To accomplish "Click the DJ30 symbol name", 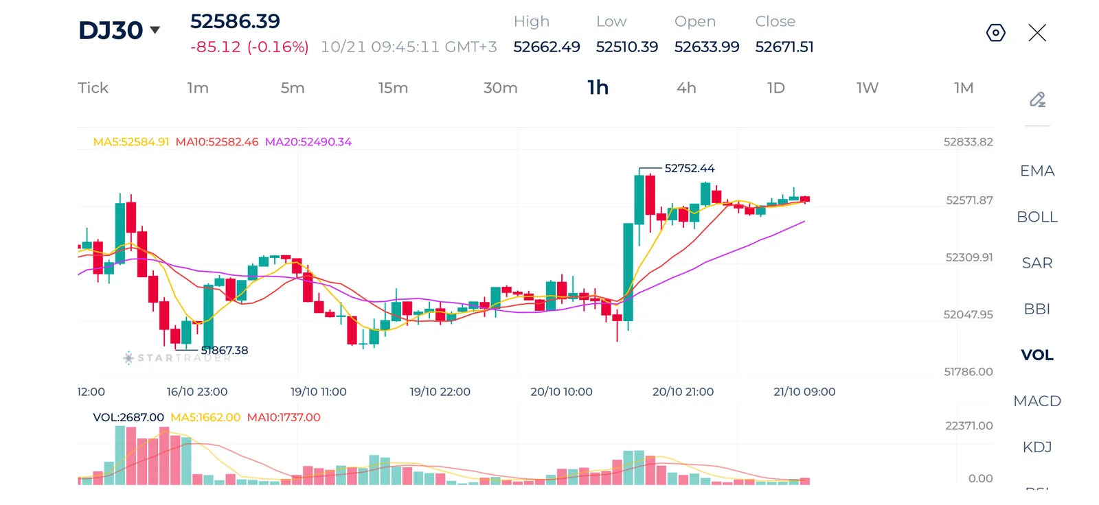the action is pyautogui.click(x=111, y=30).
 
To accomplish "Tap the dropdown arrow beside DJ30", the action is pyautogui.click(x=155, y=30).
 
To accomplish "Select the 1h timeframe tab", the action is pyautogui.click(x=598, y=88).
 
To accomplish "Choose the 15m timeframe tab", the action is pyautogui.click(x=393, y=88).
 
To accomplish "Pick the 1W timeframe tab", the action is pyautogui.click(x=868, y=88).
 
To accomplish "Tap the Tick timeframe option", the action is pyautogui.click(x=93, y=88).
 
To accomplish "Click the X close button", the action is pyautogui.click(x=1037, y=33).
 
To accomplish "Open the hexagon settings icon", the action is pyautogui.click(x=995, y=33).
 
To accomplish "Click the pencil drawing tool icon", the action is pyautogui.click(x=1037, y=99).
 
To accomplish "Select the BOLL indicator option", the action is pyautogui.click(x=1037, y=217).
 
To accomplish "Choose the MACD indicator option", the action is pyautogui.click(x=1037, y=401).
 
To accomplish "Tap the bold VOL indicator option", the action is pyautogui.click(x=1037, y=355).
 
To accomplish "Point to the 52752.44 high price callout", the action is pyautogui.click(x=690, y=168).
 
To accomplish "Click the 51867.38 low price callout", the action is pyautogui.click(x=224, y=350).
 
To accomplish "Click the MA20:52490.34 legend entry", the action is pyautogui.click(x=308, y=142).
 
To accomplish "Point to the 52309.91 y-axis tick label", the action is pyautogui.click(x=969, y=257).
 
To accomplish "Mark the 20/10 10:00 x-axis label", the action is pyautogui.click(x=561, y=392).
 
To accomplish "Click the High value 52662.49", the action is pyautogui.click(x=547, y=47).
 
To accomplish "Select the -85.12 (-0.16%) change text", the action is pyautogui.click(x=249, y=47).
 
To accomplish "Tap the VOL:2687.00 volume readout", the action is pyautogui.click(x=128, y=417).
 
